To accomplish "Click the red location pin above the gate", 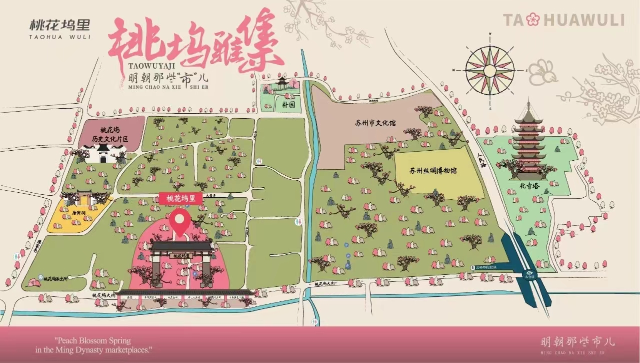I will tap(180, 222).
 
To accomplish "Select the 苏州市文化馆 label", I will tap(375, 123).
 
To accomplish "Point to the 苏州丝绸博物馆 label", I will tap(433, 171).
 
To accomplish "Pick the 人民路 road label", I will tap(482, 160).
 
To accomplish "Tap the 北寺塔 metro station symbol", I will tap(529, 273).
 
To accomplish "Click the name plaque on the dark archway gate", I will tap(181, 255).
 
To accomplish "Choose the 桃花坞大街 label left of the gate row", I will tap(103, 295).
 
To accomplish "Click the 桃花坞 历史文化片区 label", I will tap(107, 133).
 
